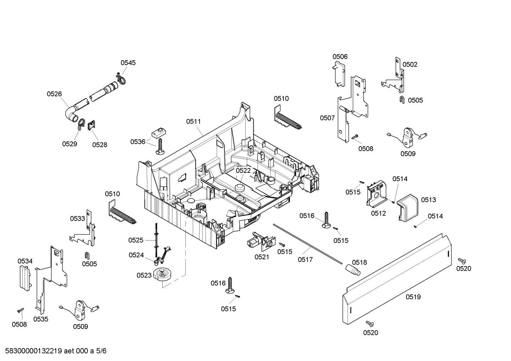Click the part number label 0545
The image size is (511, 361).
[x=128, y=63]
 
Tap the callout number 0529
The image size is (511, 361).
[x=69, y=144]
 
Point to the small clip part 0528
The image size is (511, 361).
[x=92, y=125]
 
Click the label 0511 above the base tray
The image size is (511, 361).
[x=193, y=122]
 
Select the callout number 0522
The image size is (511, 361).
[x=243, y=170]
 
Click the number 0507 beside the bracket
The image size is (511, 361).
[x=327, y=118]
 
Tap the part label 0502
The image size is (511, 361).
[x=410, y=64]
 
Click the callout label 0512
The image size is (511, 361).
[x=378, y=213]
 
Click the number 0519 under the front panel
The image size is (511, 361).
[x=413, y=297]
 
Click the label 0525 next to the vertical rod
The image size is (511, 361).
[x=136, y=240]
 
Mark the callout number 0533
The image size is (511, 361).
[x=77, y=219]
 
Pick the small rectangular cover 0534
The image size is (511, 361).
[x=24, y=277]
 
